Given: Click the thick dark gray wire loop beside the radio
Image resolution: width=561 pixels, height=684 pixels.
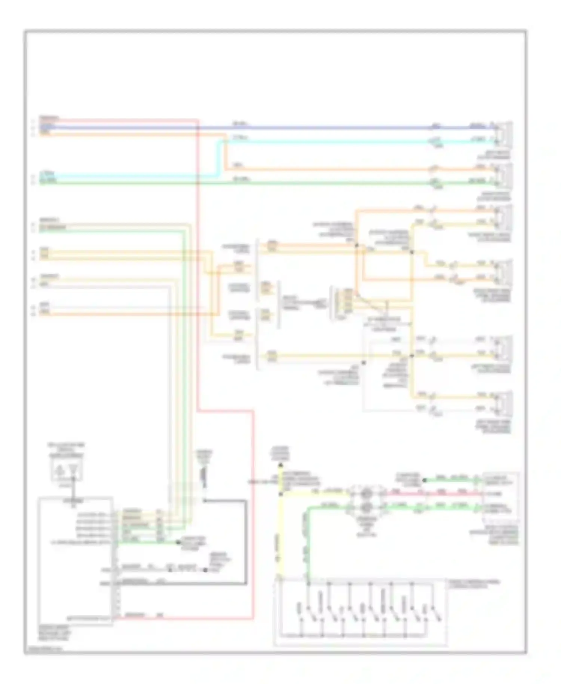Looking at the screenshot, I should (x=246, y=543).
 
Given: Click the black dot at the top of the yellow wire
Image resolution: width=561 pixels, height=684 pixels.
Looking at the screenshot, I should (x=280, y=465).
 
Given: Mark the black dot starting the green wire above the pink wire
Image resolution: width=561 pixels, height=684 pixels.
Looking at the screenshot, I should (x=424, y=480).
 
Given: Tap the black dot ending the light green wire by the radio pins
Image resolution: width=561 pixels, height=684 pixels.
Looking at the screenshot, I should (x=178, y=542).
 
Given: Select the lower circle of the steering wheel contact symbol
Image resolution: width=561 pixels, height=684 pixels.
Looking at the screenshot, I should (x=366, y=507).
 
